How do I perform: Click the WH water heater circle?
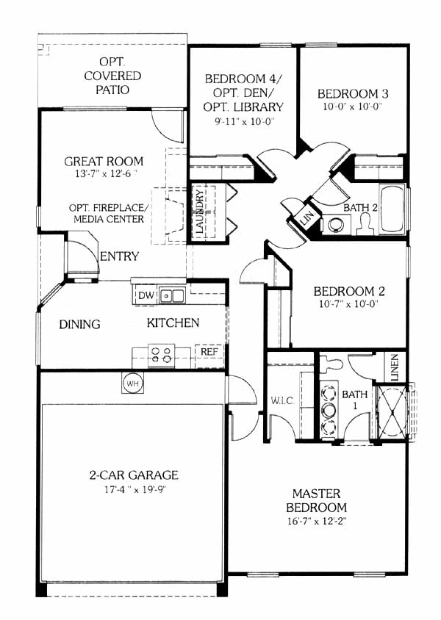(132, 383)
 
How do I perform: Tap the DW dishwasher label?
(146, 295)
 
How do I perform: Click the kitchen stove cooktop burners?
(162, 355)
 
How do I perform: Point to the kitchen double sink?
(172, 296)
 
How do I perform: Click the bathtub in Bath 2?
(392, 209)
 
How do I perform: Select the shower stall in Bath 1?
(392, 411)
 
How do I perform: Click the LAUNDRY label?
(201, 212)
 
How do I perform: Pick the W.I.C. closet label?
(282, 400)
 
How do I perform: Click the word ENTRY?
(120, 256)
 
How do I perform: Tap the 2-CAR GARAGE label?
(134, 475)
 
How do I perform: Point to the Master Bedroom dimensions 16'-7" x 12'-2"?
(316, 521)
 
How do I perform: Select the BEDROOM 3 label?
(353, 94)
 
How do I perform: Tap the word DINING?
(80, 324)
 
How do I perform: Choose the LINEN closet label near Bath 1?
(395, 367)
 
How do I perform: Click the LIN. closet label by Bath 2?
(308, 217)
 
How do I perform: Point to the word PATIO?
(112, 90)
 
